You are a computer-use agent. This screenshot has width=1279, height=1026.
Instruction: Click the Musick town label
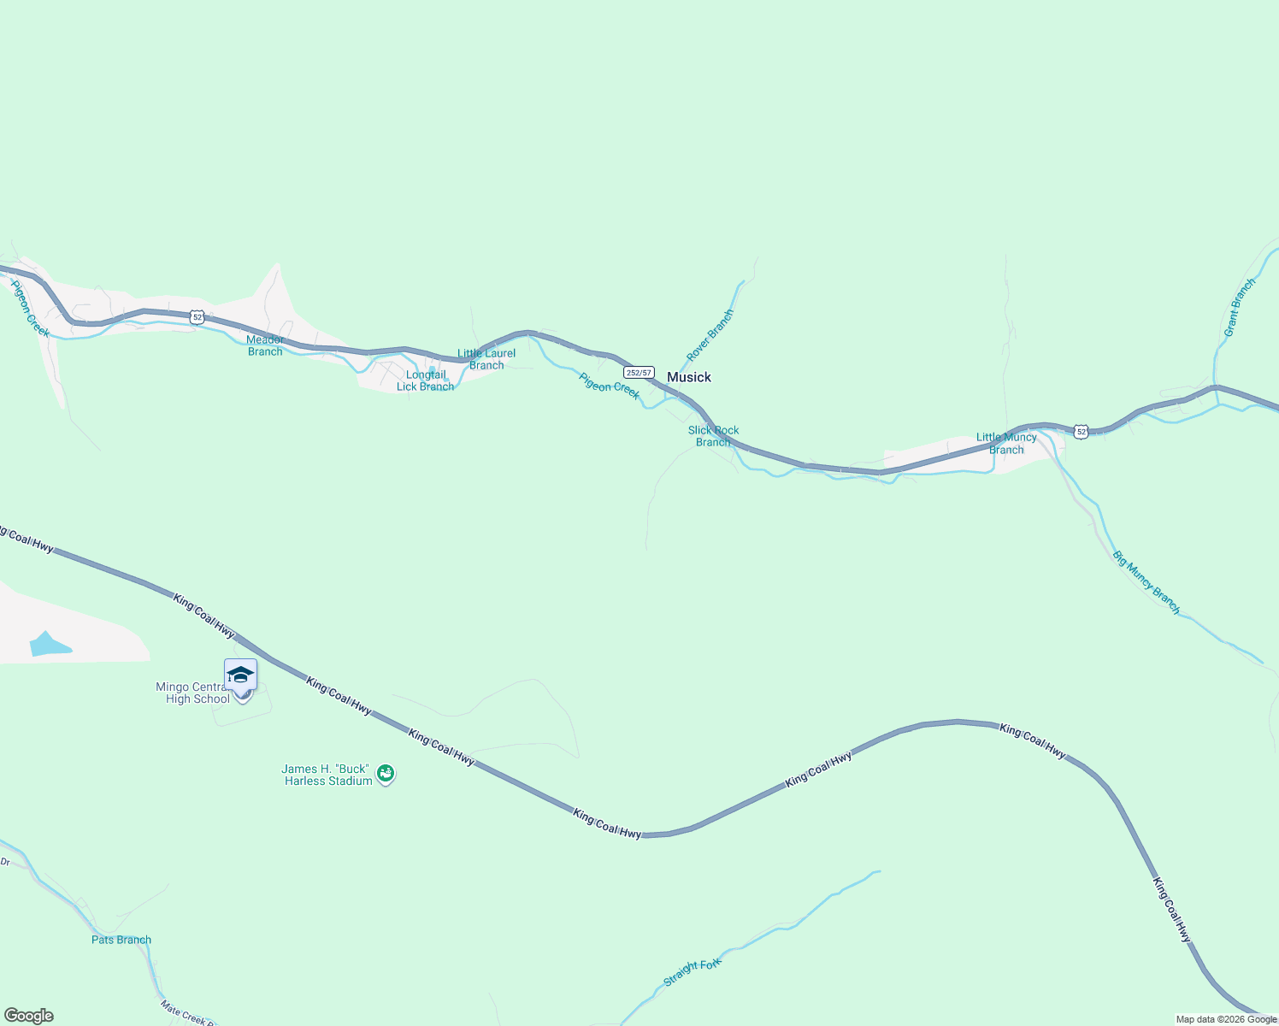click(688, 377)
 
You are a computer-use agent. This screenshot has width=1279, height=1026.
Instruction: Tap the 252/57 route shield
click(639, 373)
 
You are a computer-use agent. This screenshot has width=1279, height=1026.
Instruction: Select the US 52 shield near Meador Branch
click(197, 317)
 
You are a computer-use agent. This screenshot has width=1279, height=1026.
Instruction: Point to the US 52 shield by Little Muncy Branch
click(1082, 432)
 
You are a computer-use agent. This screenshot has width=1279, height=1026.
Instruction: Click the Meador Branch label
click(265, 345)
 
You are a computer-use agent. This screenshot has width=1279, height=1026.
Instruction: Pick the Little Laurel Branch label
click(486, 359)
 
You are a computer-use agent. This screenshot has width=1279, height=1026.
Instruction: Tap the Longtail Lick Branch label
click(425, 380)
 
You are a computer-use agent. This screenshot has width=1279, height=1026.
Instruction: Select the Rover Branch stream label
click(710, 335)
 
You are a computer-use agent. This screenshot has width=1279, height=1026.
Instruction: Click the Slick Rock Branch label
click(713, 436)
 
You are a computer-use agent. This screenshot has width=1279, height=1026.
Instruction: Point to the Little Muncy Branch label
click(1006, 443)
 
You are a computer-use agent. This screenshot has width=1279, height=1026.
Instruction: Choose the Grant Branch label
click(1239, 307)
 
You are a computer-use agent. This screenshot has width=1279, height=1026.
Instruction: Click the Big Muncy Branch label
click(1146, 582)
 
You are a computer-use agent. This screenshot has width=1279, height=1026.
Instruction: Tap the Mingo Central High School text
click(194, 693)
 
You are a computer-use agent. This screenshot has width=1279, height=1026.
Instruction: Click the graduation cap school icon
click(240, 675)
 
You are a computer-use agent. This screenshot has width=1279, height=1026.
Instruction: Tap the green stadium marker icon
click(386, 774)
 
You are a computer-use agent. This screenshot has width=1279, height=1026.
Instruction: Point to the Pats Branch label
click(121, 940)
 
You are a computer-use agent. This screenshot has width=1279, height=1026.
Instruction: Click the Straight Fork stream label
click(693, 971)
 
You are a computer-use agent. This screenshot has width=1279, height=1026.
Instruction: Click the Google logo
click(28, 1016)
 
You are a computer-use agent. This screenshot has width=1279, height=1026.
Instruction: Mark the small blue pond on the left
click(50, 644)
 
